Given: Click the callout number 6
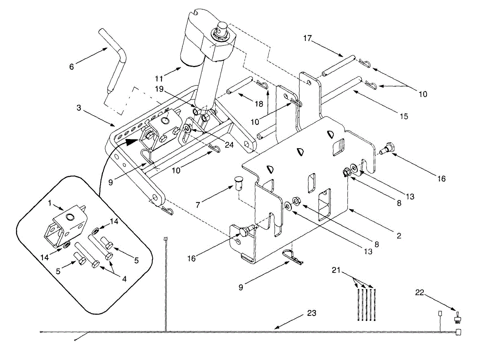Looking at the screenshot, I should coord(72,67).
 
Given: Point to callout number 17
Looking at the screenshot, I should coord(307,39).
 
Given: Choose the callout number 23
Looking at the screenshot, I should coord(312,313).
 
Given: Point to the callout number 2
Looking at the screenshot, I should coord(398,236).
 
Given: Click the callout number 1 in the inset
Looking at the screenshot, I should coord(50,203).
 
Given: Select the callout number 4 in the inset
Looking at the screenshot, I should coord(124,279).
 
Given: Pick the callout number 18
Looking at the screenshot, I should coord(259,104).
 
